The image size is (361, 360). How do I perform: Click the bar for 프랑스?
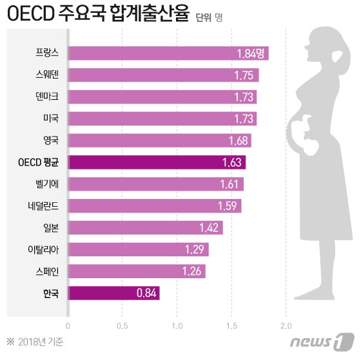(x=168, y=53)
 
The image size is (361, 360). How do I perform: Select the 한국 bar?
(x=113, y=294)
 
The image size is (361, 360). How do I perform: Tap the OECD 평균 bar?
(x=156, y=162)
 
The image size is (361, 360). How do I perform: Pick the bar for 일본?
(x=145, y=228)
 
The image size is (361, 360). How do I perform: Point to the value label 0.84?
(x=146, y=294)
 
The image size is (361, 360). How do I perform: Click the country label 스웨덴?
(x=46, y=75)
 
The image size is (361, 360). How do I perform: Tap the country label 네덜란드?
(x=43, y=206)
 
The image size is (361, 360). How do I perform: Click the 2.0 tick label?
(x=286, y=326)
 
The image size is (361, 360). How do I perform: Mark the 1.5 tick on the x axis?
(x=231, y=326)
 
